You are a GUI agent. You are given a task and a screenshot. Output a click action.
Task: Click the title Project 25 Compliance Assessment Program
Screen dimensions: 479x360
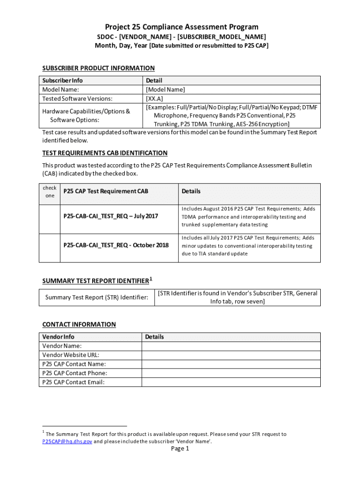(x=181, y=27)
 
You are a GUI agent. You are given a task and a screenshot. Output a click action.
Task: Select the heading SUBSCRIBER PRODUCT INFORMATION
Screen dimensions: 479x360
(x=98, y=68)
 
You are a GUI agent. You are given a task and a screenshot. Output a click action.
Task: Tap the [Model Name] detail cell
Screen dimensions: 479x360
(x=166, y=89)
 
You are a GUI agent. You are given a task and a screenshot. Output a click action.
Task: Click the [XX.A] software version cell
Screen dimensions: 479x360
(x=155, y=98)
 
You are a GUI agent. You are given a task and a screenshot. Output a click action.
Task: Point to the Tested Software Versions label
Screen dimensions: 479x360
(x=77, y=98)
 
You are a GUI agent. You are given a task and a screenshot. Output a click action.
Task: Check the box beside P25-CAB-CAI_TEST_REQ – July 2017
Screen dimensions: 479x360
(x=50, y=217)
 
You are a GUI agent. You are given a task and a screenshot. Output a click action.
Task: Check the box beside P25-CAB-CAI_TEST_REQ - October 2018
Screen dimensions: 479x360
(x=50, y=245)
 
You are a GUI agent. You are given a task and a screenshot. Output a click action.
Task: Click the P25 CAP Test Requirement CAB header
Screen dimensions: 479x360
(x=106, y=191)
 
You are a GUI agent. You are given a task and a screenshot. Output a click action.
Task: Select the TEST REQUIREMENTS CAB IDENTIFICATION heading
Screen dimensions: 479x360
(x=105, y=153)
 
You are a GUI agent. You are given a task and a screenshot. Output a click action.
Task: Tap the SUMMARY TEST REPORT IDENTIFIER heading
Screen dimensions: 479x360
(x=96, y=281)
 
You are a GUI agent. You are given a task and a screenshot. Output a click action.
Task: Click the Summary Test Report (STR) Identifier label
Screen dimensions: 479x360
(x=97, y=298)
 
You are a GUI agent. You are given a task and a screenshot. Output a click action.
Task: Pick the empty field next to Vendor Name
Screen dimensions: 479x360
(x=231, y=346)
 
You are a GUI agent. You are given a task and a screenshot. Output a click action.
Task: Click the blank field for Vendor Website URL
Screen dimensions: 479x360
(x=231, y=355)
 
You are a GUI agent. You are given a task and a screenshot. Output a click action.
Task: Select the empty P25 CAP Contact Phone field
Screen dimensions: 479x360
(x=231, y=373)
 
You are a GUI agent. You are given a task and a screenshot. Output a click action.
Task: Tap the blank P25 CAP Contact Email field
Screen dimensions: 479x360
(x=231, y=382)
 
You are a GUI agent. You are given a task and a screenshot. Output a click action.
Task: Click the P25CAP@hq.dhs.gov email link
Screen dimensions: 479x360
(x=67, y=441)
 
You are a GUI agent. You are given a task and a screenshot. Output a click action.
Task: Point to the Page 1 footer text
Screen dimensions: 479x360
(x=180, y=449)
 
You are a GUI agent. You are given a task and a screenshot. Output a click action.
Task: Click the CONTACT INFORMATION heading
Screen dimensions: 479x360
(x=79, y=324)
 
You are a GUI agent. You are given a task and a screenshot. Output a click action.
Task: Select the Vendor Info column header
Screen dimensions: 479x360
(x=58, y=337)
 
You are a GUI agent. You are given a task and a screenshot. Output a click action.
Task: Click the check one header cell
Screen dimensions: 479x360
(x=50, y=192)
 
